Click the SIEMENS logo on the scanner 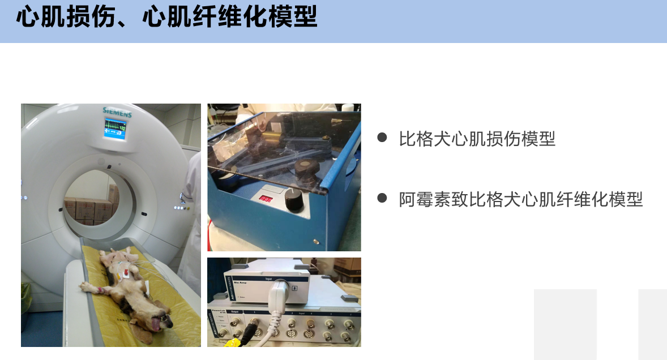117,113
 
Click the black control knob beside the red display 293,200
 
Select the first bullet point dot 382,138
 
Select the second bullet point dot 382,198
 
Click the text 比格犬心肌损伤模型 477,138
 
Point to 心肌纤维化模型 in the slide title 230,18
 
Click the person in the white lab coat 191,226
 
